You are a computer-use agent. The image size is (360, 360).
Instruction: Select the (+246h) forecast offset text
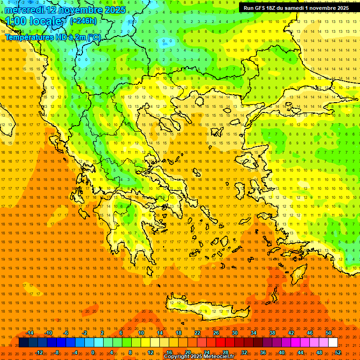point(83,21)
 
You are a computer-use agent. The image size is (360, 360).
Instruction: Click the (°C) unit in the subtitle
point(93,37)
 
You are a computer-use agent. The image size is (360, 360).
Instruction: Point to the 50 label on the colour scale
point(329,333)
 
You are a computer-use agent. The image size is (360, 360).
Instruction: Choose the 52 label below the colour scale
point(338,352)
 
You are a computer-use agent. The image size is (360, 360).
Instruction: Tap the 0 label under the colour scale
point(92,352)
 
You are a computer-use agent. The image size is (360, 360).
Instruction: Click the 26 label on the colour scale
point(216,333)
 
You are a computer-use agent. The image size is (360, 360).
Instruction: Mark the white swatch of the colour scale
point(333,343)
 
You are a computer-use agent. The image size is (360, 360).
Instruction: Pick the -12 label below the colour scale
point(39,352)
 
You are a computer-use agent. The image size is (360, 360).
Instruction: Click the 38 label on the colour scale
point(272,333)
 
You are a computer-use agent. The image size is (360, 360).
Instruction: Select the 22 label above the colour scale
point(197,333)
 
